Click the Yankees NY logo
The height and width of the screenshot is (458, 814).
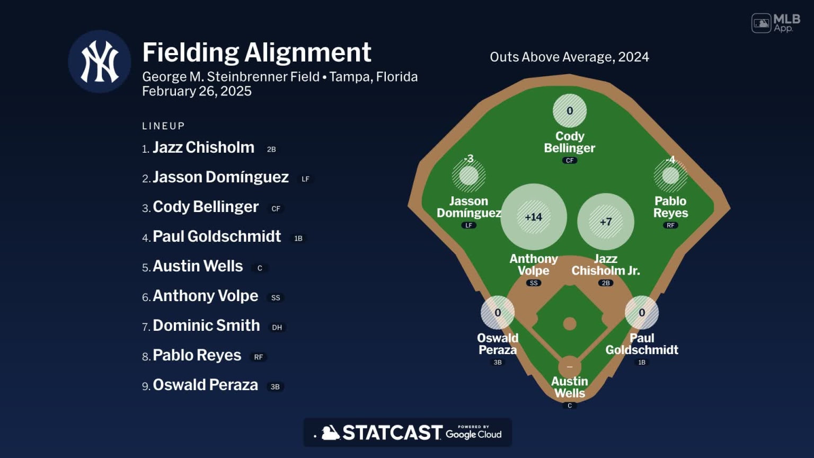point(100,61)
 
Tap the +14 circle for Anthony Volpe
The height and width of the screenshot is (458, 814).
point(534,217)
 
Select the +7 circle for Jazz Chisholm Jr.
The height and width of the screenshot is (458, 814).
point(606,222)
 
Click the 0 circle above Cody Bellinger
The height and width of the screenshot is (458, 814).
point(570,111)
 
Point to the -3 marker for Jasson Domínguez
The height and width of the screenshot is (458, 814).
point(468,175)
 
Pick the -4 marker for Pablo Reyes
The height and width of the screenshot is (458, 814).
point(670,175)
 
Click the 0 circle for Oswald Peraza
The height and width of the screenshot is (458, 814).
point(498,313)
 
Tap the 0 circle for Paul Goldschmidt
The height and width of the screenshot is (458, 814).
point(642,313)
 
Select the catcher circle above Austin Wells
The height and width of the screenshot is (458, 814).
point(570,366)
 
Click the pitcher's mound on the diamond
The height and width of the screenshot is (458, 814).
point(570,323)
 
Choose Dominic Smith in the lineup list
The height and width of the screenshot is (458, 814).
point(206,325)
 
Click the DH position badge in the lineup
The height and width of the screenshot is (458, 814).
point(277,328)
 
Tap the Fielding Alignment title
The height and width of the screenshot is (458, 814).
point(256,52)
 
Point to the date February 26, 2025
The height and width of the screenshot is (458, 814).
point(197,91)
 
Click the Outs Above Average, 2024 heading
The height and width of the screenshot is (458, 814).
point(569,57)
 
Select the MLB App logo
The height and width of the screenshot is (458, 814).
point(776,23)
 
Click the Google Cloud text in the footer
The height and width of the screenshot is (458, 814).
point(473,434)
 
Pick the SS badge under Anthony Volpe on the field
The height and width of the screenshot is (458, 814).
point(534,283)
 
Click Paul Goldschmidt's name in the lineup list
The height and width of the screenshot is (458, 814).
point(217,236)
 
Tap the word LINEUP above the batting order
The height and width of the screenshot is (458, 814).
point(163,126)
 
